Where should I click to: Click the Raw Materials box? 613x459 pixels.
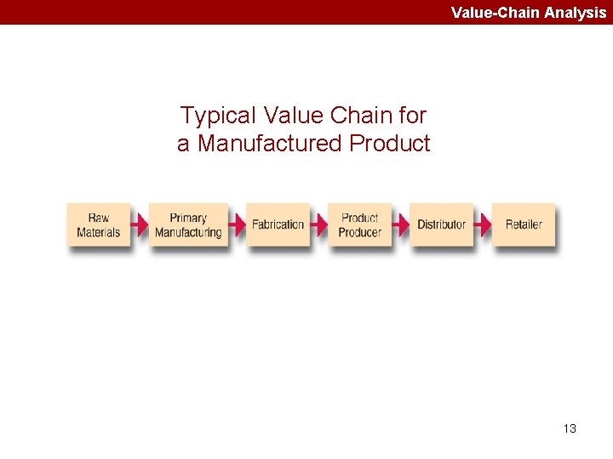99,224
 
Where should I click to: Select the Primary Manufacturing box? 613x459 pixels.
188,224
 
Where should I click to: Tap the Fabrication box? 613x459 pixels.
278,224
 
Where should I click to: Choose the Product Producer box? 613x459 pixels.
359,224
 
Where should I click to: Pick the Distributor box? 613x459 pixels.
441,224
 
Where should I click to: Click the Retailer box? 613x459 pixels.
523,224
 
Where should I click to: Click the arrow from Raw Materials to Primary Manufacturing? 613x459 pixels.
140,224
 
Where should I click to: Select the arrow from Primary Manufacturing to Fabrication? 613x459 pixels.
238,224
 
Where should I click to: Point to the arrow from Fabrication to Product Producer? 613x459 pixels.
318,224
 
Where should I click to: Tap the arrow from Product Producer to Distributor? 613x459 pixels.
400,224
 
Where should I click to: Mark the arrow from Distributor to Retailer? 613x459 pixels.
483,224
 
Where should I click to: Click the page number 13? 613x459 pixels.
570,428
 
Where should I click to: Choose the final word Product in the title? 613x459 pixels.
390,144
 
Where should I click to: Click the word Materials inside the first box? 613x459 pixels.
99,232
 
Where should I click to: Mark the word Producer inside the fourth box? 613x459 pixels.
359,232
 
